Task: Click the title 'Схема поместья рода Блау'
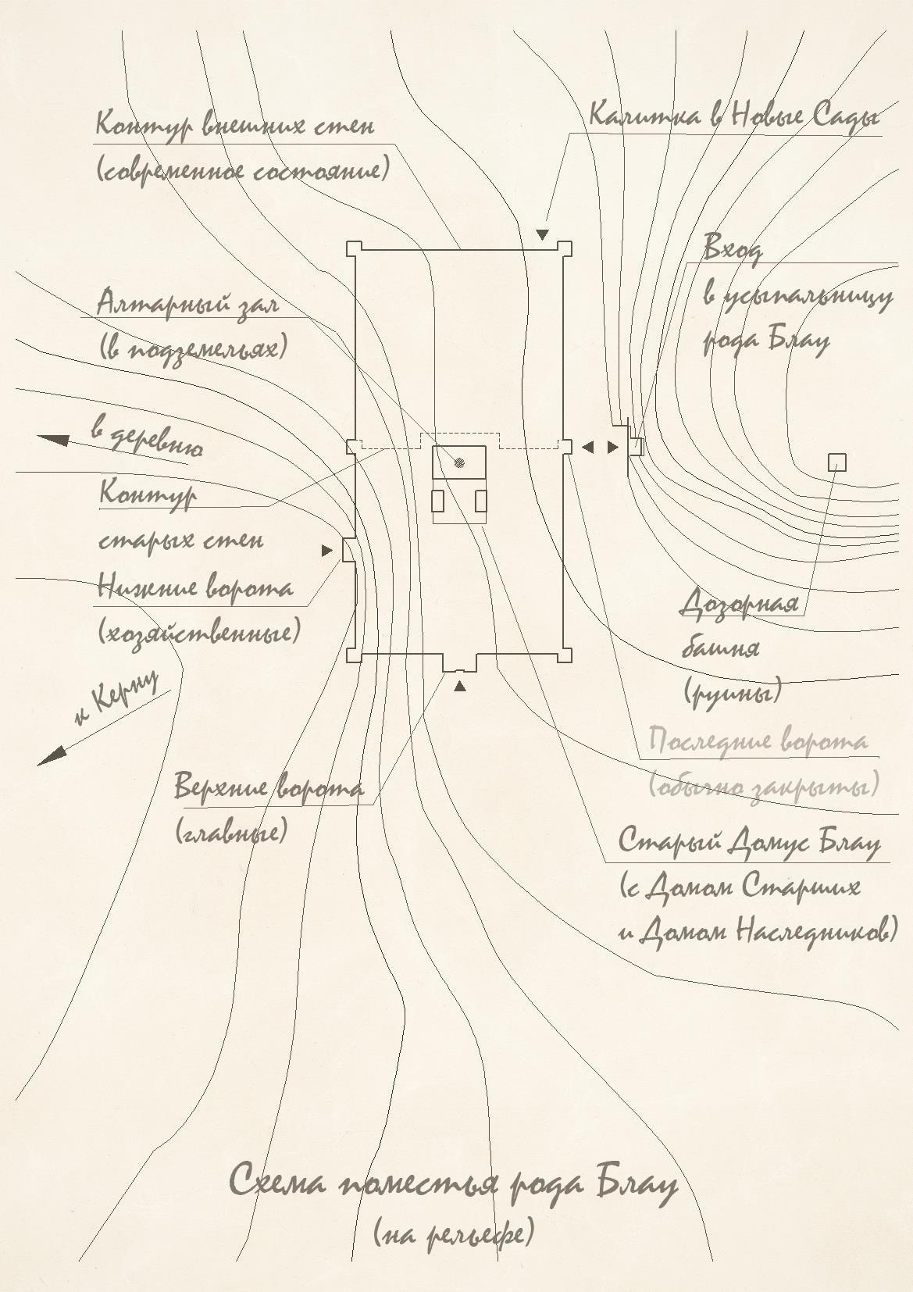pyautogui.click(x=453, y=1183)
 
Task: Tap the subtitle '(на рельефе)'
pyautogui.click(x=454, y=1233)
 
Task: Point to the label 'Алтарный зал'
pyautogui.click(x=187, y=303)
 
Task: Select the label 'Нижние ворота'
pyautogui.click(x=195, y=587)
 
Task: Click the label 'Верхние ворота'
pyautogui.click(x=269, y=787)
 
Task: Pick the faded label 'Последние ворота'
pyautogui.click(x=758, y=741)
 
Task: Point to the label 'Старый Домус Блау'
pyautogui.click(x=749, y=842)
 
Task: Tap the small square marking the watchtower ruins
pyautogui.click(x=836, y=463)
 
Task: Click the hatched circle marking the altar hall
pyautogui.click(x=459, y=462)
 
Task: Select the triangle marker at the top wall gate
pyautogui.click(x=542, y=234)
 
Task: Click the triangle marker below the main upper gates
pyautogui.click(x=460, y=687)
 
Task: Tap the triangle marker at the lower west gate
pyautogui.click(x=327, y=551)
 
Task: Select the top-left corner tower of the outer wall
pyautogui.click(x=354, y=248)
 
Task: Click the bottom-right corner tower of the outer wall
pyautogui.click(x=565, y=655)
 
